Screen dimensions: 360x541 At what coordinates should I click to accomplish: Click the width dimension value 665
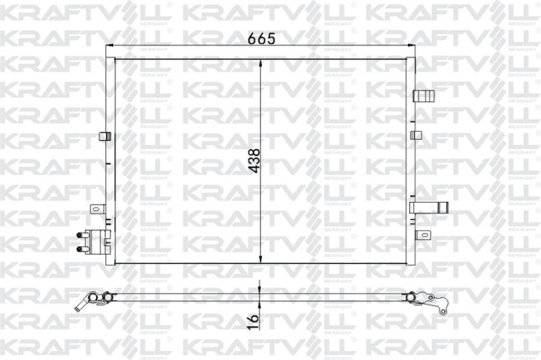pos(262,38)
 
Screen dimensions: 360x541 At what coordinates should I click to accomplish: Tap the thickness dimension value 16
pos(253,320)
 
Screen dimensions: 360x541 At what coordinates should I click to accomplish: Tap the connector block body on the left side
pos(99,241)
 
